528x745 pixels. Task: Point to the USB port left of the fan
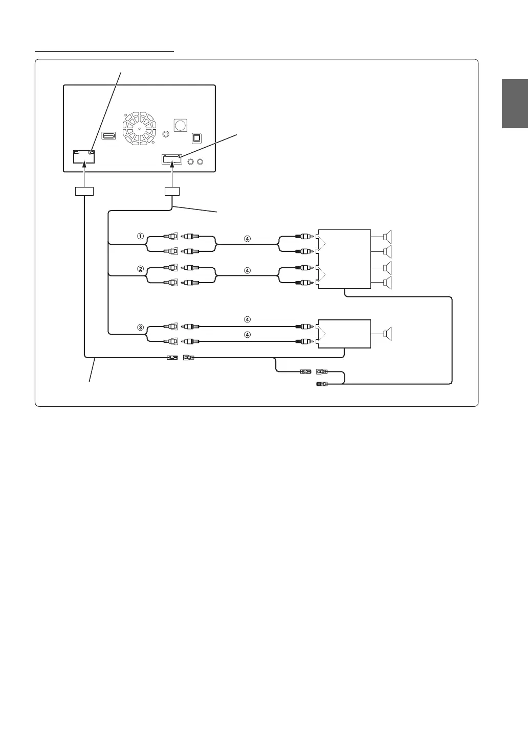108,135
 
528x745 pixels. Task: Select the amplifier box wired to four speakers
344,259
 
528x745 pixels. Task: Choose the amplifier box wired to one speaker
344,334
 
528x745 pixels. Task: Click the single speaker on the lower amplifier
388,334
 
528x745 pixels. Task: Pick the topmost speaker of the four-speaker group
388,237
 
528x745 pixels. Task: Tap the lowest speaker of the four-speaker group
388,284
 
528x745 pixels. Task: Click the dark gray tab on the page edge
514,104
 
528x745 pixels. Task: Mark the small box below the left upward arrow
84,192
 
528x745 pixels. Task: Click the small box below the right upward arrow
173,192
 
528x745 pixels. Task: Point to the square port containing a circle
180,125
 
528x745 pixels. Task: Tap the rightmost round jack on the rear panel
201,162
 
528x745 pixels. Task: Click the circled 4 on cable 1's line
247,238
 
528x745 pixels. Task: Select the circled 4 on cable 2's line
247,270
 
